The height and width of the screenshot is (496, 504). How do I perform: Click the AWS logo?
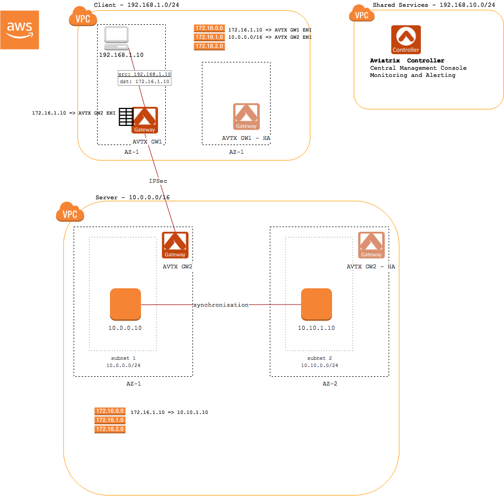tap(20, 30)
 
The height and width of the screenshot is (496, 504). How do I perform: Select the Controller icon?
tap(406, 40)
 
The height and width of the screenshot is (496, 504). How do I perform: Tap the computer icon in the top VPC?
tap(116, 39)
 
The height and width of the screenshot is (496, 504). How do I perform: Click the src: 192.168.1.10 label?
tap(144, 74)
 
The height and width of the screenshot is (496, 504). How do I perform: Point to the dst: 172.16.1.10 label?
tap(144, 82)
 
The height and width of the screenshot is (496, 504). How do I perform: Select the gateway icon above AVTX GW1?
tap(145, 120)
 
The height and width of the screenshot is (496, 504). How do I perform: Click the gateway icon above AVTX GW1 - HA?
tap(246, 117)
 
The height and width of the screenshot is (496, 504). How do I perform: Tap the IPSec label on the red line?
tap(158, 181)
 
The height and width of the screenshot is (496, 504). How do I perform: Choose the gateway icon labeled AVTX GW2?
tap(175, 245)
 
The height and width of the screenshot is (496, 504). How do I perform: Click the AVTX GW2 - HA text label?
tap(371, 267)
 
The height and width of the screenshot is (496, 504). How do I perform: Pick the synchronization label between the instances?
tap(221, 305)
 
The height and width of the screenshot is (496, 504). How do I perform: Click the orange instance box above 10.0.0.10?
tap(125, 304)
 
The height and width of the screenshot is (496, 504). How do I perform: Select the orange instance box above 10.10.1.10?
tap(317, 304)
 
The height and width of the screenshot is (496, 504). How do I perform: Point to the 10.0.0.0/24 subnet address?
tap(123, 365)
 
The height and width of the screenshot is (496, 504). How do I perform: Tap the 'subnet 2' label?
tap(320, 358)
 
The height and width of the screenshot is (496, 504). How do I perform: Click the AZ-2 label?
tap(329, 384)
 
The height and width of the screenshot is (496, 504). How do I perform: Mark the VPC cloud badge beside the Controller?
tap(362, 14)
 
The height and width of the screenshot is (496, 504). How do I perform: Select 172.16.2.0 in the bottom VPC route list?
tap(110, 429)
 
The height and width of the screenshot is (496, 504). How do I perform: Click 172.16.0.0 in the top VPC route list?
tap(209, 28)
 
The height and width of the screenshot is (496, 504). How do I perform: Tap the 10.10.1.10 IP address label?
tap(317, 328)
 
